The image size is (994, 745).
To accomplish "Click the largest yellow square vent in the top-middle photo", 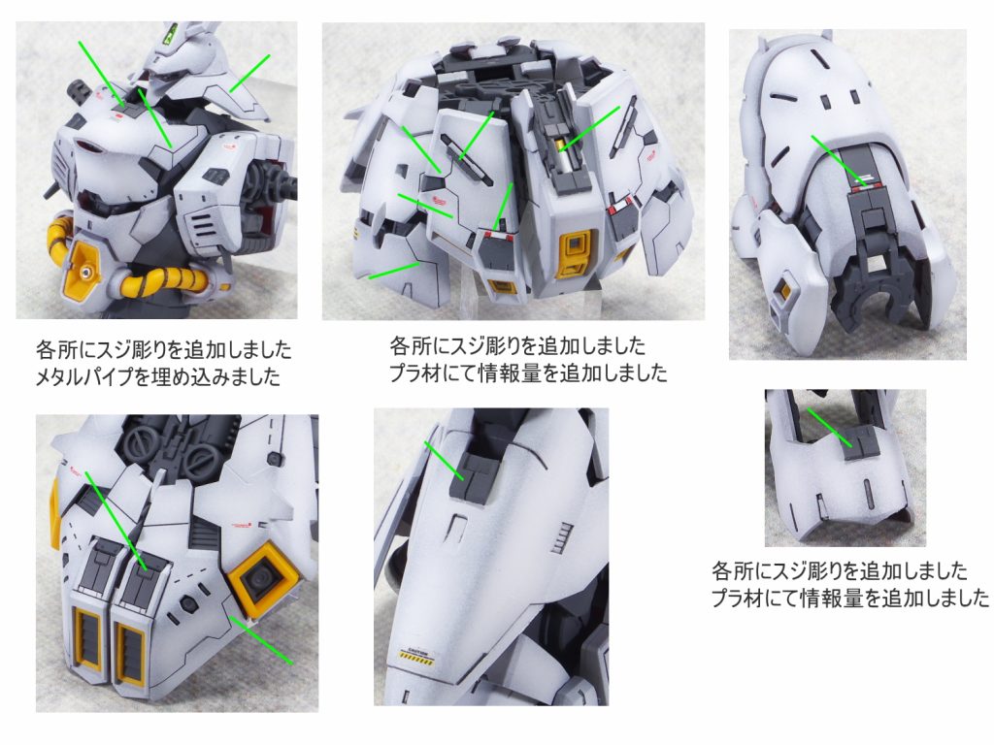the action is [576, 247].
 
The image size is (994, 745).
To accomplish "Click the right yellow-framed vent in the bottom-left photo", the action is [129, 646].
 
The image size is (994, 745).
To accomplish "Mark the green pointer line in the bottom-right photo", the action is [829, 428].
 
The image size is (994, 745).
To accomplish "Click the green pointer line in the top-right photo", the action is [839, 159].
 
